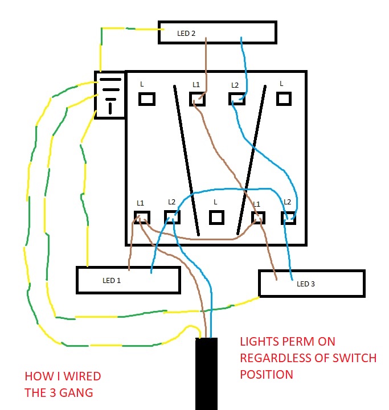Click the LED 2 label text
click(186, 34)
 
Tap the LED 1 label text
click(112, 281)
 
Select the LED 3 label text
click(305, 284)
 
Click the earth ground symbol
click(110, 95)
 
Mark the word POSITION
click(267, 375)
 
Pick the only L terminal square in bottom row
click(216, 217)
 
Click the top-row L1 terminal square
click(197, 99)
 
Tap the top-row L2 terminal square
click(236, 99)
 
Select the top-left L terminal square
click(147, 99)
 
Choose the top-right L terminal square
click(284, 99)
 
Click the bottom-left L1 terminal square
click(141, 218)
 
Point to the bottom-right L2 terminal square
click(288, 217)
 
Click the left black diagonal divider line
click(186, 159)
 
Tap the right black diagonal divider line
click(252, 159)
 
